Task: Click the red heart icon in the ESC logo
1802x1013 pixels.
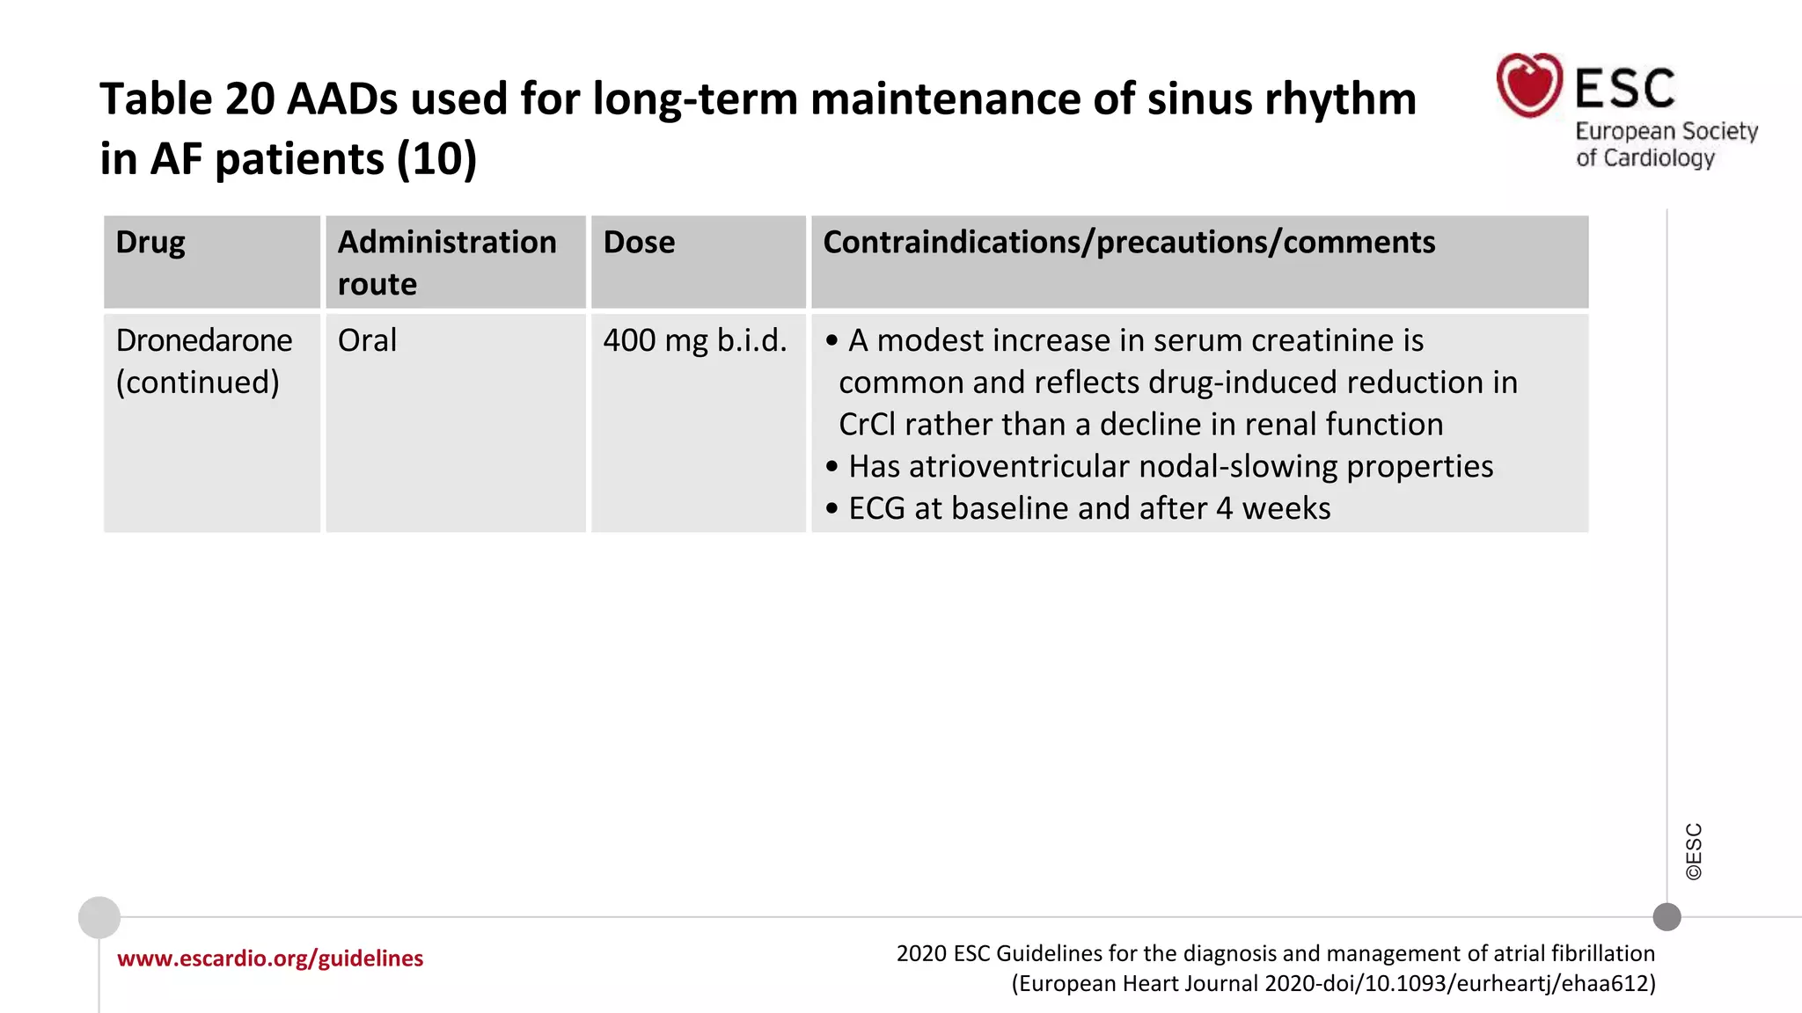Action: coord(1529,85)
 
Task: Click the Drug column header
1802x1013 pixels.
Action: coord(150,243)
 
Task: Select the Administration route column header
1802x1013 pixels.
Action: coord(447,262)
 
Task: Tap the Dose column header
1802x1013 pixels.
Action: coord(639,243)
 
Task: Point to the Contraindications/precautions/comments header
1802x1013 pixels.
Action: coord(1129,243)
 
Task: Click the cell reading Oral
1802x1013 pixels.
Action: coord(367,341)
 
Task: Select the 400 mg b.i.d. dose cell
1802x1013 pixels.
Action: coord(695,341)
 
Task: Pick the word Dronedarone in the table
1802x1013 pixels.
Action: coord(204,341)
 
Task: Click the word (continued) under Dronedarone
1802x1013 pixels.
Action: coord(198,383)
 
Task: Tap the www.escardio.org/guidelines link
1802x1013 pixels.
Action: coord(270,958)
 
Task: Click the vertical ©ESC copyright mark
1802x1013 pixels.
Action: coord(1694,851)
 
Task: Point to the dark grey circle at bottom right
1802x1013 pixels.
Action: coord(1666,917)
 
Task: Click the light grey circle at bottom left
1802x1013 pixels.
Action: coord(99,918)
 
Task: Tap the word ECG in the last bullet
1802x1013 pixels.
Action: coord(876,509)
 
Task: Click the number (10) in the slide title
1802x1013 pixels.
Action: coord(436,160)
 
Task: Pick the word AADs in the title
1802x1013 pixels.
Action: coord(342,99)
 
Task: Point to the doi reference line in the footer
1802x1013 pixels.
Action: coord(1333,983)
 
